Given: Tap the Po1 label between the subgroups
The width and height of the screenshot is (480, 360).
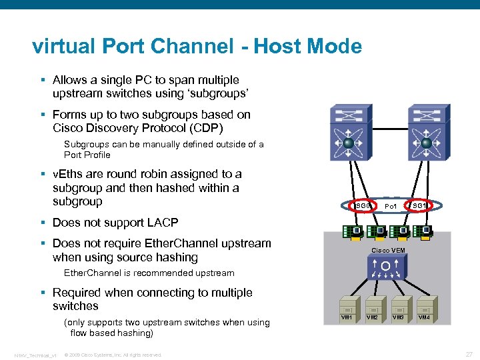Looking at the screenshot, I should [x=391, y=207].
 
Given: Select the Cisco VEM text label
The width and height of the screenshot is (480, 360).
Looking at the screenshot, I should [x=388, y=250].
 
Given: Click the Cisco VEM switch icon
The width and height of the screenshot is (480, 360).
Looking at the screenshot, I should [x=385, y=268].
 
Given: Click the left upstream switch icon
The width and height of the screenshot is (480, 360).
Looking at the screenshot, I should [x=347, y=134].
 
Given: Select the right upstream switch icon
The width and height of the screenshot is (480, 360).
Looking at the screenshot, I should [x=425, y=134].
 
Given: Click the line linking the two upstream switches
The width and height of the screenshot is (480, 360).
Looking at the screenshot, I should [x=386, y=128].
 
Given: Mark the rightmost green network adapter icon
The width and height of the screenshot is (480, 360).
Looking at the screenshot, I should [x=424, y=232].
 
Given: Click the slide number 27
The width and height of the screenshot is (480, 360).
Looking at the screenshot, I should [x=468, y=354].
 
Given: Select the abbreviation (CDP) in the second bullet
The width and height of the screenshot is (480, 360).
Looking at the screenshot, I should [x=204, y=128].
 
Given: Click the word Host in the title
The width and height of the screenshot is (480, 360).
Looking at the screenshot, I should [x=282, y=47].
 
